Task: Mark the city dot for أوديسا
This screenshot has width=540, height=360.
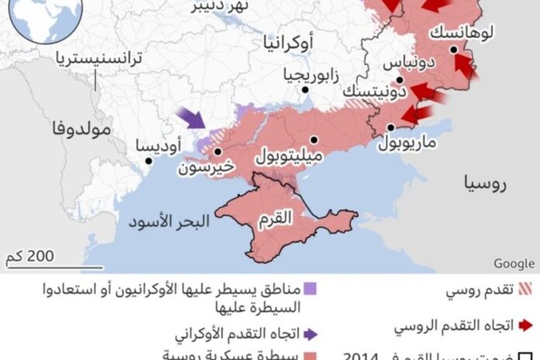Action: pos(148,161)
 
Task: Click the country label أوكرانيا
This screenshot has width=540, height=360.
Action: pos(291,43)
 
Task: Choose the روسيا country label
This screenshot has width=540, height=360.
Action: pos(485,183)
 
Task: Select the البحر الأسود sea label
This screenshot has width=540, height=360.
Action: pos(168,223)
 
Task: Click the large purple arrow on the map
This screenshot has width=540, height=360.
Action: pos(191,119)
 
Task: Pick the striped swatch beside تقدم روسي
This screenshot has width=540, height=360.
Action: pos(528,291)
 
